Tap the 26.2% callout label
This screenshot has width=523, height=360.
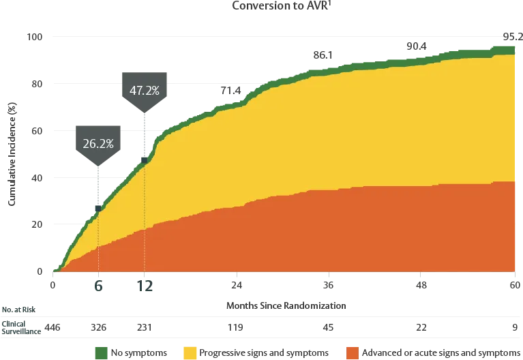[x=98, y=144]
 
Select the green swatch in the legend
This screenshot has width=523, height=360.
[x=100, y=352]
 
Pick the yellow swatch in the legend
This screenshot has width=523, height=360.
[x=189, y=352]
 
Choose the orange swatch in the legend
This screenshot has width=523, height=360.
[x=352, y=352]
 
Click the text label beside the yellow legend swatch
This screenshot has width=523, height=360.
[x=266, y=352]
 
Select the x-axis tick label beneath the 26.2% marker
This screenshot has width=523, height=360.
[x=98, y=286]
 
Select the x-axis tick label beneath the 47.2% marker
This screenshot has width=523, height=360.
[x=144, y=286]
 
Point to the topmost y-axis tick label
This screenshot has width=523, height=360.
[x=35, y=37]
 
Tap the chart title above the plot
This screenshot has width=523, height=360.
[x=280, y=5]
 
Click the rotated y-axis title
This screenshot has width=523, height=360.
[x=11, y=151]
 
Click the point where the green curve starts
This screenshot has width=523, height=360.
[x=54, y=271]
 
